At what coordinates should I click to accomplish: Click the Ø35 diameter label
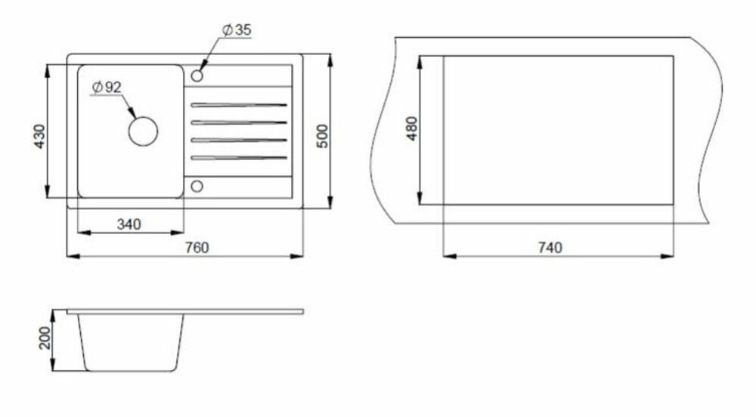pos(237,30)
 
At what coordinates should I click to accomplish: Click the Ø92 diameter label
pos(107,87)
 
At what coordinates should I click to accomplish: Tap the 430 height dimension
pos(39,136)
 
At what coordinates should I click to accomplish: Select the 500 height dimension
pos(323,136)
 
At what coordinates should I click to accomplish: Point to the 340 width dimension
pos(129,224)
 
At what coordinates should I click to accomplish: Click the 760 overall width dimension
pos(197,248)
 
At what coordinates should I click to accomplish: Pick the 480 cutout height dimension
pos(411,128)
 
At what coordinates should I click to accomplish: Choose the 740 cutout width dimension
pos(550,248)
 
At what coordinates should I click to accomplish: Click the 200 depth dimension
pos(45,338)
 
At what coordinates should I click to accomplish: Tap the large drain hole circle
pos(143,131)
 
